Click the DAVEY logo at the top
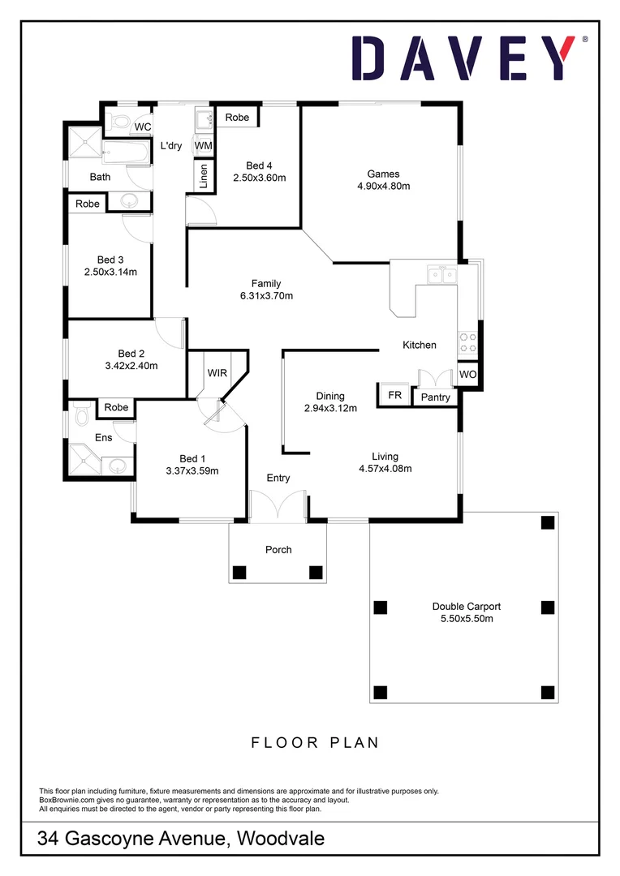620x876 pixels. coord(469,58)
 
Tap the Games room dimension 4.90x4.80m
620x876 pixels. coord(383,186)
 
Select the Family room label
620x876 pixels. coord(265,283)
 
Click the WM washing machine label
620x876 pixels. coord(203,145)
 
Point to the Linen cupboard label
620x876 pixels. coord(203,175)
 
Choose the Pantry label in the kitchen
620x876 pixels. coord(436,397)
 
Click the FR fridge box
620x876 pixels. coord(395,395)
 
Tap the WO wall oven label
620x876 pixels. coord(468,375)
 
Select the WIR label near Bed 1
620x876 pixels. coord(217,373)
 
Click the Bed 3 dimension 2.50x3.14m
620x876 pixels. coord(110,272)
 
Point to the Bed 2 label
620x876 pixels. coord(131,353)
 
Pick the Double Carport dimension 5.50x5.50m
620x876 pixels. coord(466,618)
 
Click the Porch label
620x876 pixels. coord(278,550)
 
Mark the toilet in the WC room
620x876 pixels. coord(120,122)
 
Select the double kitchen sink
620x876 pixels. coord(443,276)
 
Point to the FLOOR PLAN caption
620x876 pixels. coord(315,742)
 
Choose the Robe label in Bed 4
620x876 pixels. coord(237,118)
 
